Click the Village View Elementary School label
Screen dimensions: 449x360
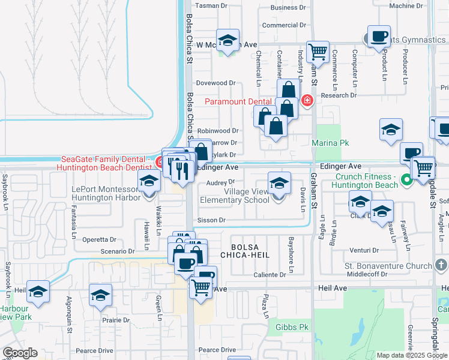[246, 196]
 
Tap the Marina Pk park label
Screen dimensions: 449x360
[330, 143]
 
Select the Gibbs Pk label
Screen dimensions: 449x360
[292, 328]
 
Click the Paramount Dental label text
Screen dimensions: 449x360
[238, 101]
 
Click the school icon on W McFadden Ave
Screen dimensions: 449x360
[228, 41]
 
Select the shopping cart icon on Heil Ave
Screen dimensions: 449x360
[200, 288]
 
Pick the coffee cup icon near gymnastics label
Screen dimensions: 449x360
[379, 37]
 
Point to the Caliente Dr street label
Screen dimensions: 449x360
[270, 275]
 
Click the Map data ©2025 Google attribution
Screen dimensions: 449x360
[411, 355]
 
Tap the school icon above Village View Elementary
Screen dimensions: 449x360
[279, 184]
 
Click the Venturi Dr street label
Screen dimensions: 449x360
[367, 250]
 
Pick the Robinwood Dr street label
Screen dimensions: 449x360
[218, 130]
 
